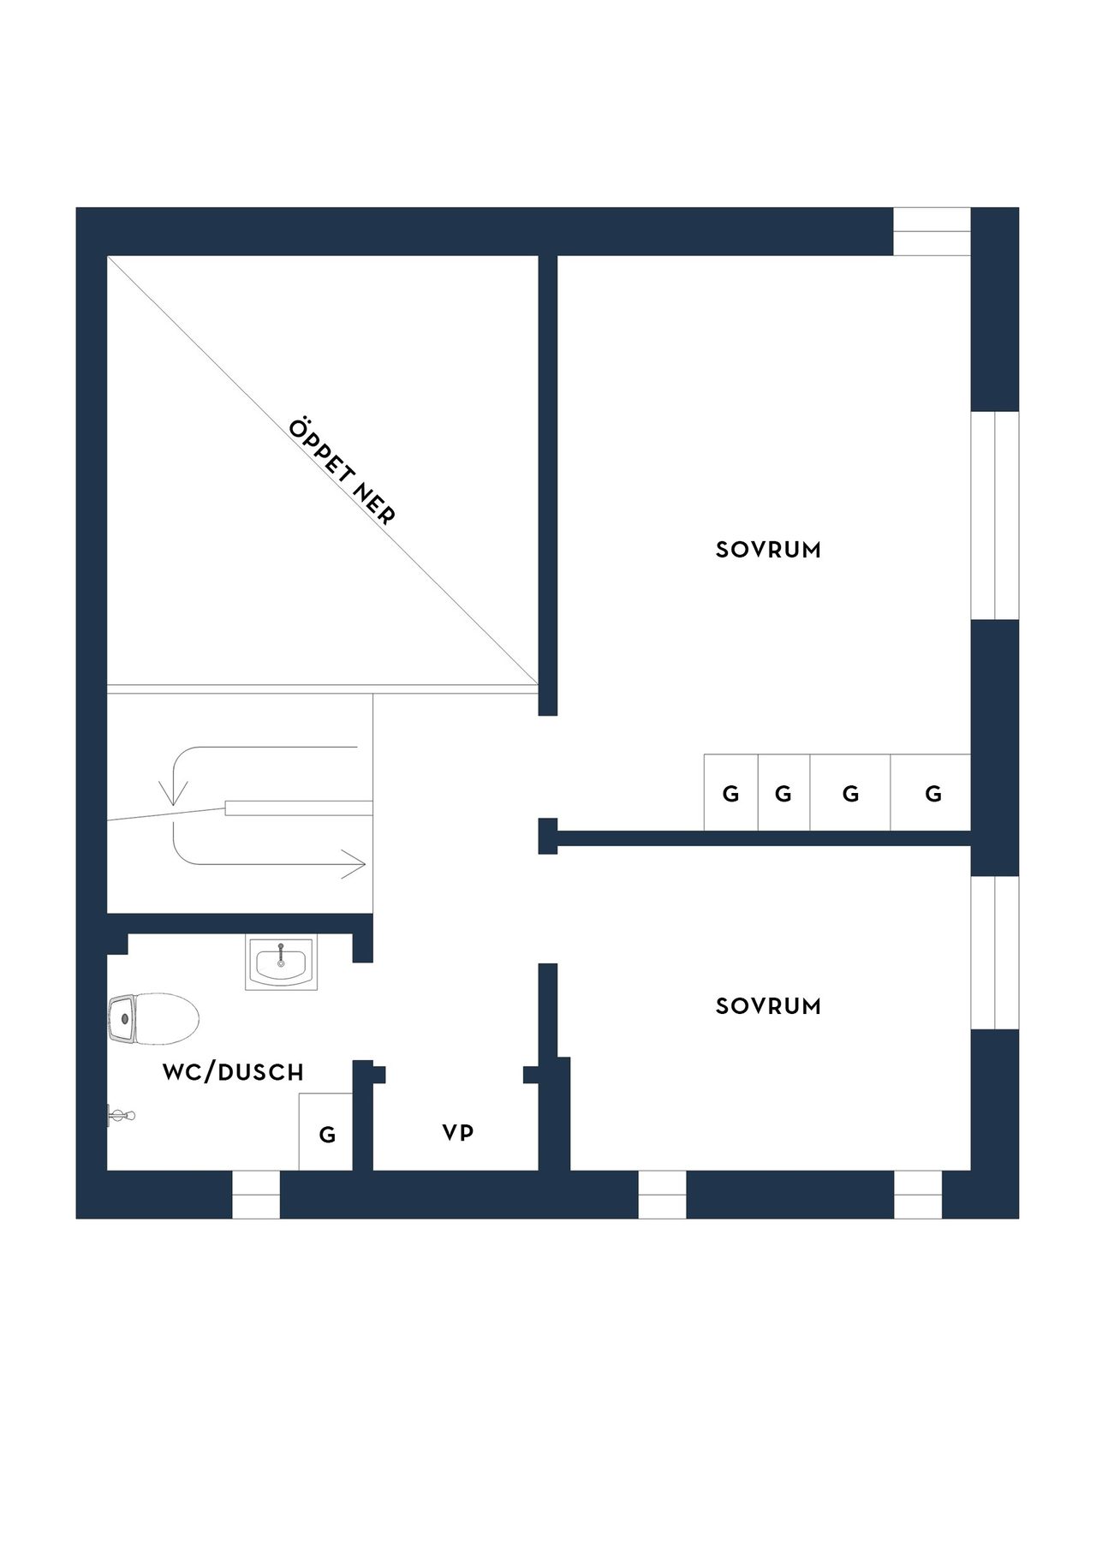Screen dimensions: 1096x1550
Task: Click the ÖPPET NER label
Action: [342, 472]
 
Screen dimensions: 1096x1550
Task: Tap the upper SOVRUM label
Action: [768, 550]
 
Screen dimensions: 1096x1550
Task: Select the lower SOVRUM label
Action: [768, 1006]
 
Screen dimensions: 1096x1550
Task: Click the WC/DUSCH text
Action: [233, 1072]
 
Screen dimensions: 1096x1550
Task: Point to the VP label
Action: [458, 1133]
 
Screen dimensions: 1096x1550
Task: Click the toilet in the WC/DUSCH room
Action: [153, 1018]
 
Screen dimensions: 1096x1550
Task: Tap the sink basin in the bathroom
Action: [280, 963]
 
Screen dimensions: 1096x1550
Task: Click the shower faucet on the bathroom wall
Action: [121, 1115]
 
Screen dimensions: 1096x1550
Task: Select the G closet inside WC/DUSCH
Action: [326, 1131]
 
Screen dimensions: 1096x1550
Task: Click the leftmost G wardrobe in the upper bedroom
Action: [731, 792]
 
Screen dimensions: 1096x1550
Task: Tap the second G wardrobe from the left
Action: [783, 792]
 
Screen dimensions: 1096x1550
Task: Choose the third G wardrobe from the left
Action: [850, 792]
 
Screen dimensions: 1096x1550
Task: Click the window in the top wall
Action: [932, 231]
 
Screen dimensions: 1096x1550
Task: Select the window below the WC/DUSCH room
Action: [256, 1194]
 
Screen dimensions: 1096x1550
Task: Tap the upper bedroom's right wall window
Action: [995, 515]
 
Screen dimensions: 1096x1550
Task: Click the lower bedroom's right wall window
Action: [995, 952]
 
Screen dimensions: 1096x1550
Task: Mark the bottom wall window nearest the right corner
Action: [918, 1194]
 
